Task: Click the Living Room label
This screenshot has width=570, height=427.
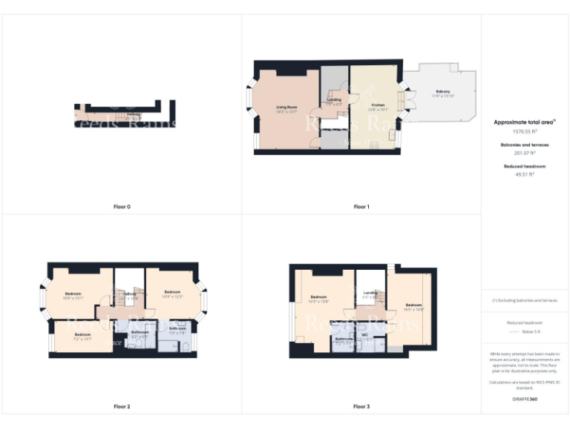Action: pos(286,108)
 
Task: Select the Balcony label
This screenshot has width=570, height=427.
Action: pos(442,93)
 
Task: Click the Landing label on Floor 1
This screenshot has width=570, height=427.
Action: pos(334,99)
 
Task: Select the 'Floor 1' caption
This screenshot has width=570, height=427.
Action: pos(361,207)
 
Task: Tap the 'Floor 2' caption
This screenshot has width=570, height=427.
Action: pos(122,406)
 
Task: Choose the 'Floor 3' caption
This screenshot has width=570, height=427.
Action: pos(361,406)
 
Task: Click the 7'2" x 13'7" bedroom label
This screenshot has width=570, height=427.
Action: pos(82,335)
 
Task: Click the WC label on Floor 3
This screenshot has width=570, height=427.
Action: pos(364,334)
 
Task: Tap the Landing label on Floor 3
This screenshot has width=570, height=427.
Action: pos(370,293)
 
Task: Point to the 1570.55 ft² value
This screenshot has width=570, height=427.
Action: pos(524,130)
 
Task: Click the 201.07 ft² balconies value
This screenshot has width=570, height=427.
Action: pos(524,153)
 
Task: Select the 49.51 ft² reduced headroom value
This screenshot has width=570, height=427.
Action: pos(524,174)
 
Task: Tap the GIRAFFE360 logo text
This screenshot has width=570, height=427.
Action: pos(524,400)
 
